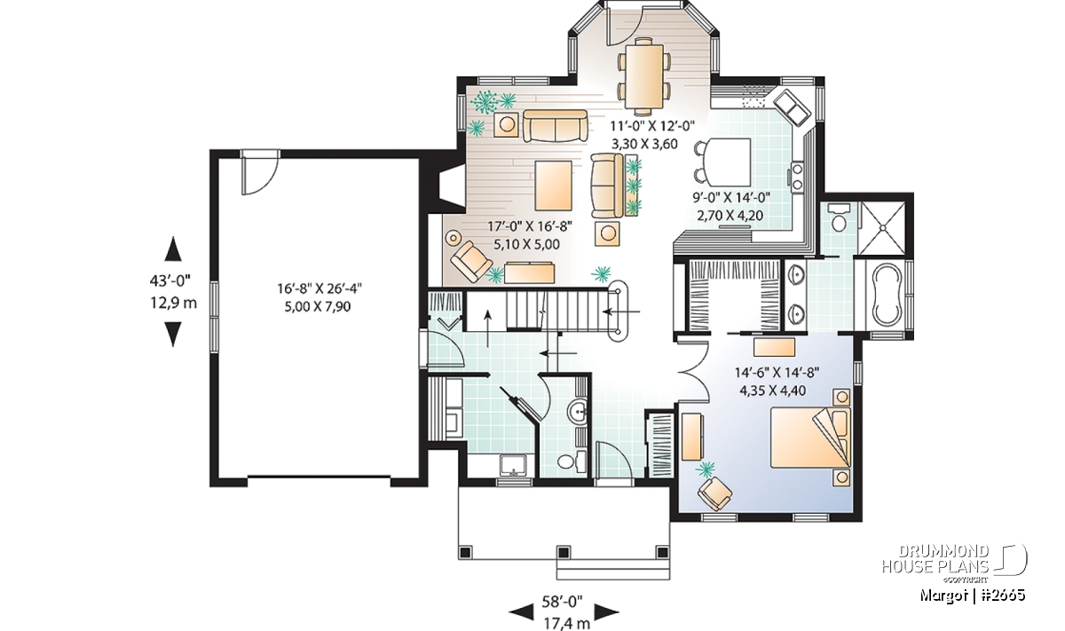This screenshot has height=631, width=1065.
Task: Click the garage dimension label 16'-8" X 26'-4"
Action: coord(319,288)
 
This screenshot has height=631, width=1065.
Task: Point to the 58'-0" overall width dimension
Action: coord(563,602)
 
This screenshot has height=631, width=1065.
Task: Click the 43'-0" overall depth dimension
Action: coord(170,280)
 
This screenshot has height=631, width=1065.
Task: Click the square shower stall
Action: coord(883,228)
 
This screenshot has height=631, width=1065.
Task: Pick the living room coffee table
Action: coord(554,185)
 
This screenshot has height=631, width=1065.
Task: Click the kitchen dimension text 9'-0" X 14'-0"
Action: coord(731,197)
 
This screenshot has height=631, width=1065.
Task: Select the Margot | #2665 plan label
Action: coord(973,595)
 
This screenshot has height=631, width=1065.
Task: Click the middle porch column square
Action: coord(564,552)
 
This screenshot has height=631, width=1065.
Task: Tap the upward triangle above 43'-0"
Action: coord(173,248)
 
